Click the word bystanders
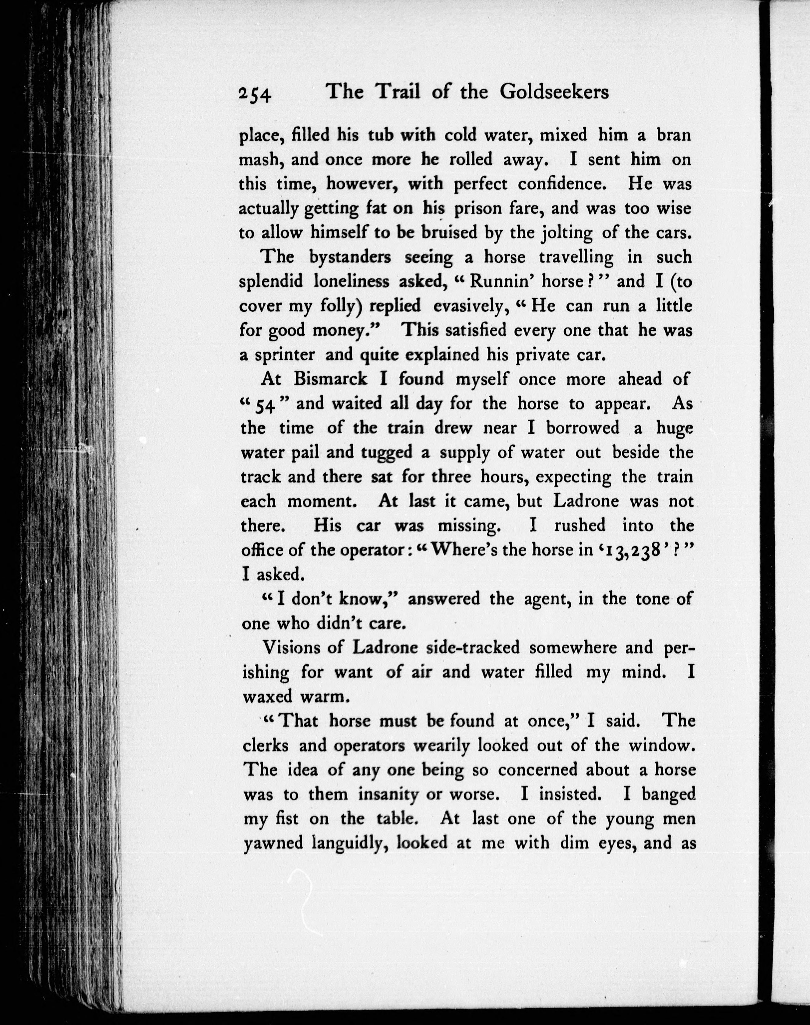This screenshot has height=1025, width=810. pyautogui.click(x=350, y=257)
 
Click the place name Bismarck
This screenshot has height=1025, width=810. pyautogui.click(x=330, y=379)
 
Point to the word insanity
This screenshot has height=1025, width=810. pyautogui.click(x=388, y=794)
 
